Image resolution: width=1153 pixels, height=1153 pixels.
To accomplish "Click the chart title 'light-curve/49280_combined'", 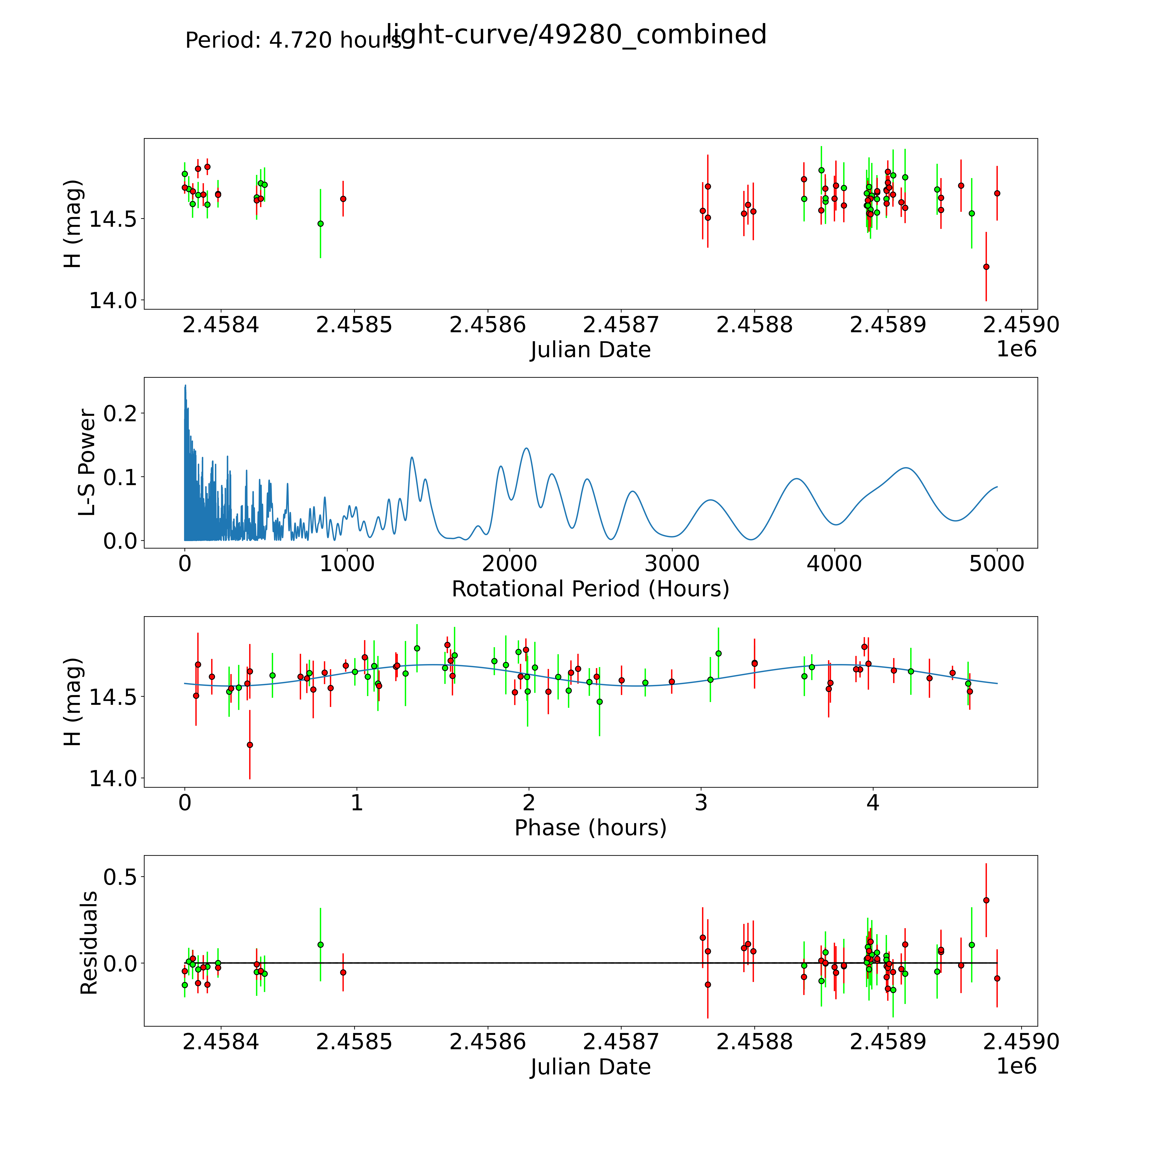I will click(x=576, y=35).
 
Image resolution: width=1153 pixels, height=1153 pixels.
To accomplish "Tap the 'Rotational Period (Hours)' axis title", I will click(x=590, y=589).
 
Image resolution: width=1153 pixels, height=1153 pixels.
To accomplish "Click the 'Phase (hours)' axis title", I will click(x=590, y=828).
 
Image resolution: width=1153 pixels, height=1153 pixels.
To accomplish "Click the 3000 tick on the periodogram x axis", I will click(x=672, y=564).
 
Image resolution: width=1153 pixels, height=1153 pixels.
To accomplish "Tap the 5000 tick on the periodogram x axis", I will click(x=997, y=564).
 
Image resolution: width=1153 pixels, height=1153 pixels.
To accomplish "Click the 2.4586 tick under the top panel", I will click(x=488, y=325).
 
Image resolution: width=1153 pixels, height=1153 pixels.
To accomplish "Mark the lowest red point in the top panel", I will click(x=986, y=267).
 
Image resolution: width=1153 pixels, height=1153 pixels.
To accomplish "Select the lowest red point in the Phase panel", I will click(x=249, y=745).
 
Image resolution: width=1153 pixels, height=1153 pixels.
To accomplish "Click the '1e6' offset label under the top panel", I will click(x=1016, y=349).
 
